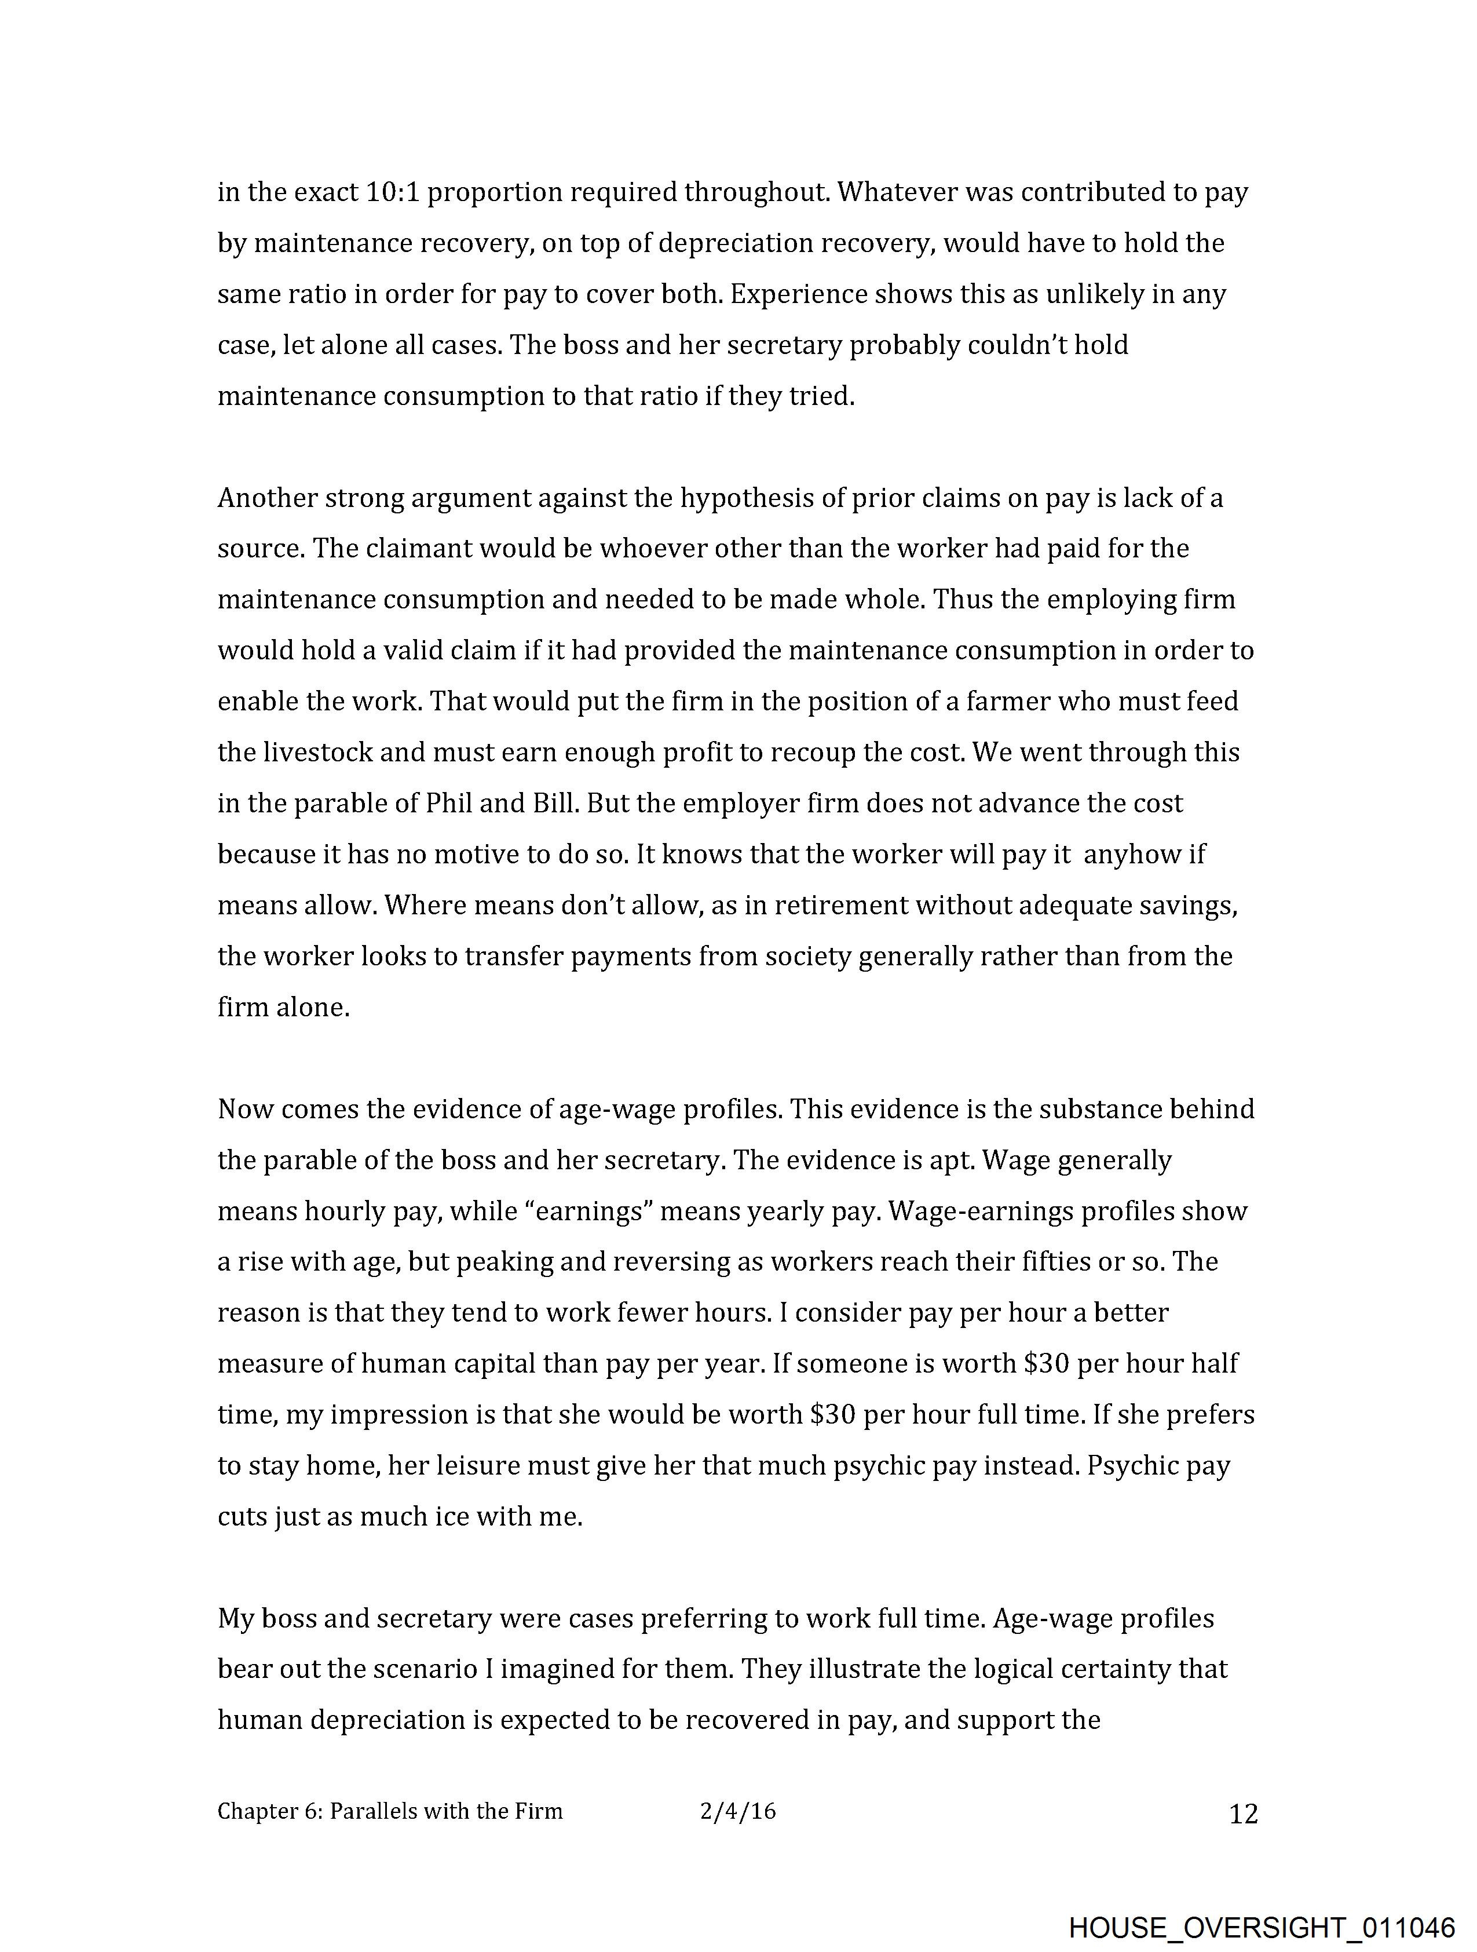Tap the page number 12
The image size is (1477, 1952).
[1243, 1814]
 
